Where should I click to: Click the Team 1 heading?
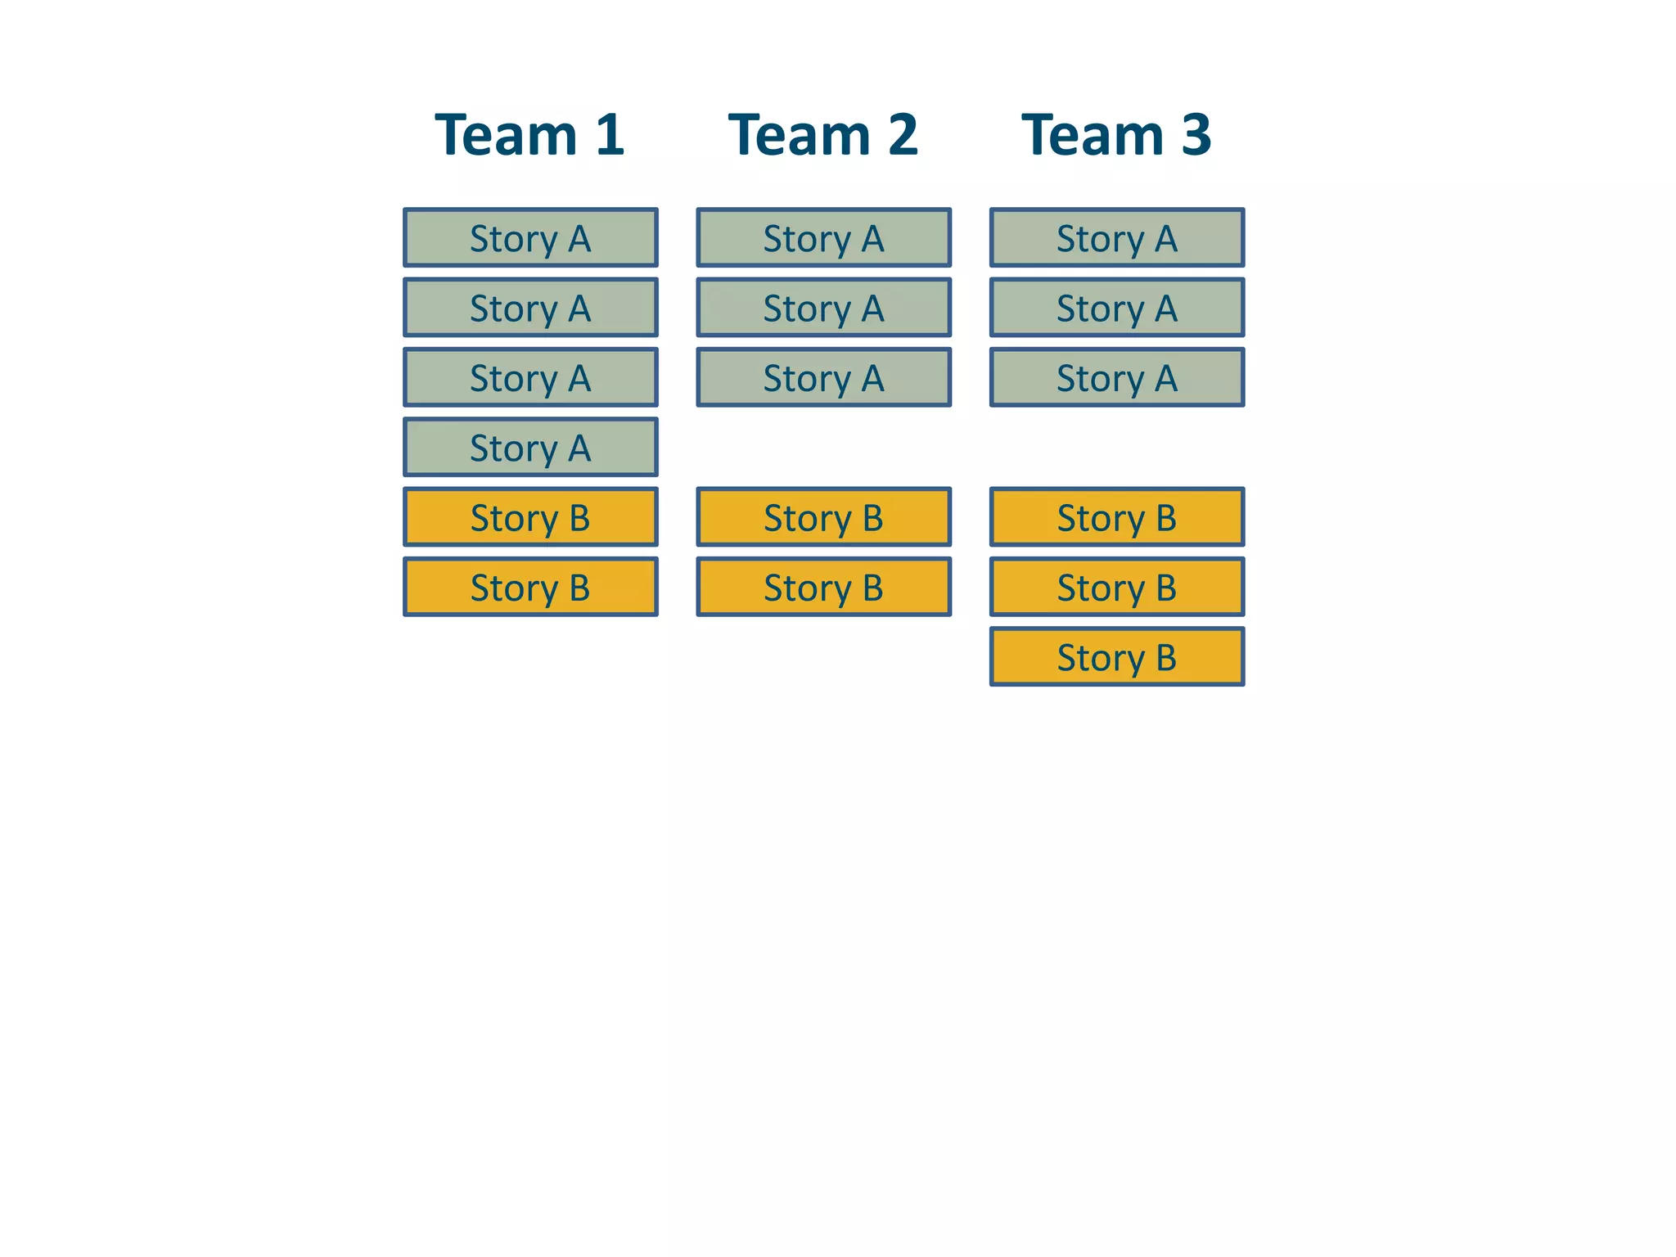pos(529,135)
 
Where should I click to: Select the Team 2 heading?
pos(822,135)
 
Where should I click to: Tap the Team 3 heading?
pos(1116,135)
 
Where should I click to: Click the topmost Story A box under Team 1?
pos(530,238)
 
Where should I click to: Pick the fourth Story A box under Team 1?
pos(530,448)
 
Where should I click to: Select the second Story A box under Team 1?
pos(530,308)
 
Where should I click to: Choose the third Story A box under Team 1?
pos(530,378)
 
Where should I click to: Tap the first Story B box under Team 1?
pos(530,517)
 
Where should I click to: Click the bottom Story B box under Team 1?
pos(530,588)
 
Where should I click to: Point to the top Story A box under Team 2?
pos(823,238)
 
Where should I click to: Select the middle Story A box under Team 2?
pos(823,308)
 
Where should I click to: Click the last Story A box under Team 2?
pos(823,378)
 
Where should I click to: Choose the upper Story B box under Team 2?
pos(823,517)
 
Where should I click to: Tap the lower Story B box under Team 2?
pos(823,588)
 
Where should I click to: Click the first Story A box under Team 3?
pos(1117,238)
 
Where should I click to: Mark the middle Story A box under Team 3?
pos(1117,308)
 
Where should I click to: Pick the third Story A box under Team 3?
pos(1117,378)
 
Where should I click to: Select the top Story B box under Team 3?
pos(1117,517)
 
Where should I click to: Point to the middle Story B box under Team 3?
pos(1117,588)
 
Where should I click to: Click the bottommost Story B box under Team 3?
pos(1117,657)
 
